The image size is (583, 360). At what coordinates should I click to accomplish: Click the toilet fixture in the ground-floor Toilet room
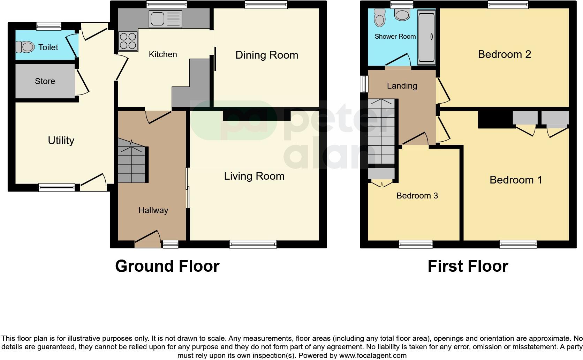tap(25, 47)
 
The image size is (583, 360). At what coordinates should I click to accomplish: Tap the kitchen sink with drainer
tap(165, 19)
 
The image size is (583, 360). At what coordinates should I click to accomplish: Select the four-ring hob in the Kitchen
tap(128, 40)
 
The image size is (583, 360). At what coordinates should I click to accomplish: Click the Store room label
tap(45, 81)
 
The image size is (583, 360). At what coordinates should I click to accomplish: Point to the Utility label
tap(61, 140)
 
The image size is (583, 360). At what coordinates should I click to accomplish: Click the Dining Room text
tap(267, 55)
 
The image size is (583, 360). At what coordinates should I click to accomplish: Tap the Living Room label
tap(254, 176)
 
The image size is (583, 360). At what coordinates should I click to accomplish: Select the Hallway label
tap(153, 210)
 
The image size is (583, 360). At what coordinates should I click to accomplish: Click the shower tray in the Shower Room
tap(426, 37)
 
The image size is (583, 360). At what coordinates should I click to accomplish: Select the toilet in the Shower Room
tap(379, 18)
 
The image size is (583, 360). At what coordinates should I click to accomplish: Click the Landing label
tap(402, 86)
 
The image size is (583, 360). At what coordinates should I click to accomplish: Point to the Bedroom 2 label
tap(504, 54)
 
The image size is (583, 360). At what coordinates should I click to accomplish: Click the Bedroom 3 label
tap(417, 196)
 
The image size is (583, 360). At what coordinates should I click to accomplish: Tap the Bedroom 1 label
tap(516, 180)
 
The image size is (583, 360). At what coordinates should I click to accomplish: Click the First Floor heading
tap(468, 266)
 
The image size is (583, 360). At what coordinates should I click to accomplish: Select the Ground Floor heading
tap(167, 266)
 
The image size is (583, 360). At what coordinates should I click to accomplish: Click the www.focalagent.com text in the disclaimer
tap(373, 356)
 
